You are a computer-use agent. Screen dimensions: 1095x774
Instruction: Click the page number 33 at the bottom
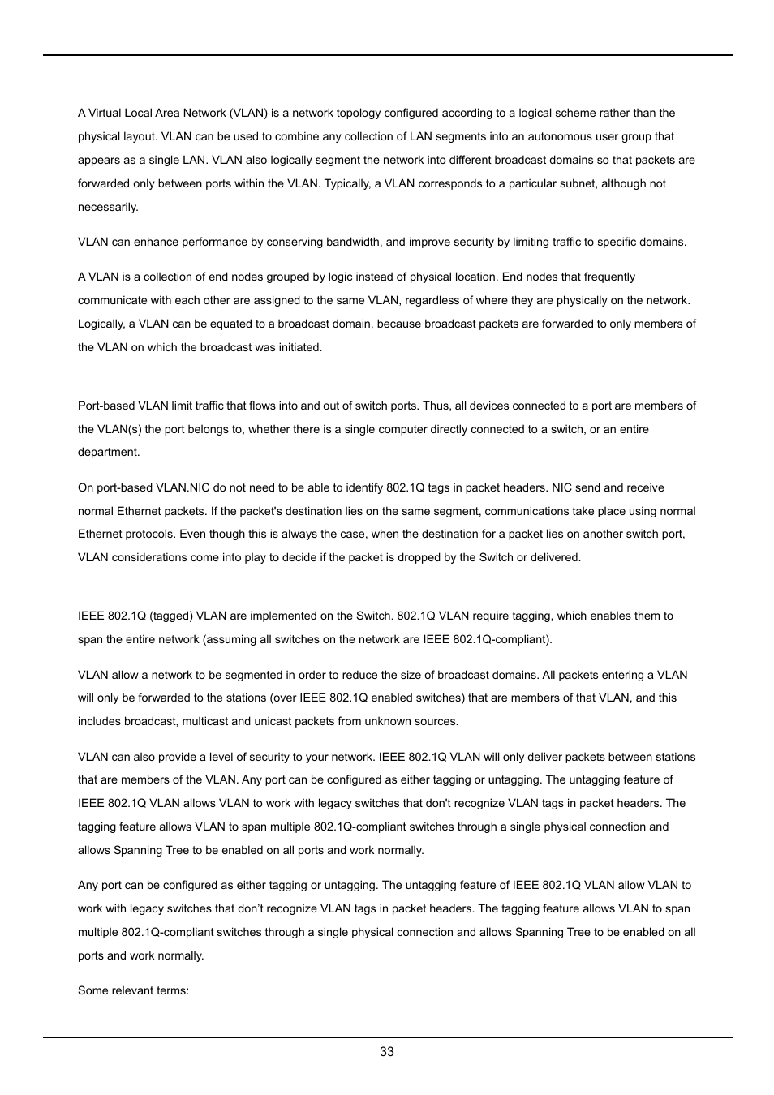(x=387, y=1052)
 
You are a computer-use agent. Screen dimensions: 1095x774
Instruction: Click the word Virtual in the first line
(x=105, y=114)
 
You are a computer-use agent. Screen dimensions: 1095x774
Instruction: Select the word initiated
(x=295, y=348)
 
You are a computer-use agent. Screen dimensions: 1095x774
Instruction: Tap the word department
(x=109, y=453)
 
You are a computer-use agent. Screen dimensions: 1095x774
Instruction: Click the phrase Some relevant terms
(x=133, y=991)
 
